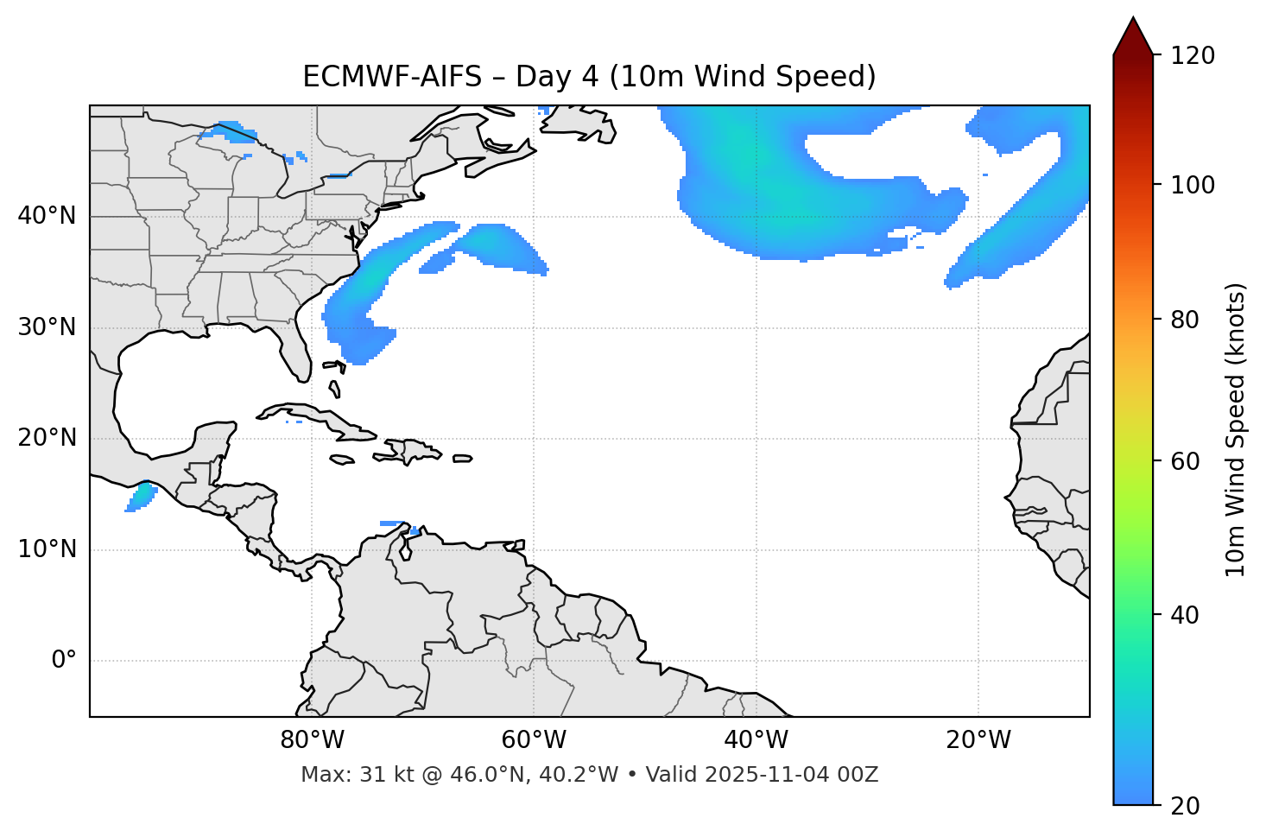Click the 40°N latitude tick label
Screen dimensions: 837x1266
point(47,216)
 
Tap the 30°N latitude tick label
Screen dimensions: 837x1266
point(47,327)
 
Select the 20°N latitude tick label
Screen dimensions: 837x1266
point(47,438)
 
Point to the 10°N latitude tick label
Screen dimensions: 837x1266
point(47,549)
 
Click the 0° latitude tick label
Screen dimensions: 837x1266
point(64,661)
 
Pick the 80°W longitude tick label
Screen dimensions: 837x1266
point(312,740)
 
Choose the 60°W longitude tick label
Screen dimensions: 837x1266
point(534,740)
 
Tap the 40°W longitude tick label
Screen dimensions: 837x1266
point(756,740)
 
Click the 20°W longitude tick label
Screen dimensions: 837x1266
point(978,740)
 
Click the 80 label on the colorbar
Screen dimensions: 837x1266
point(1185,320)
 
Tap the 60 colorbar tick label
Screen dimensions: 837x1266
point(1185,461)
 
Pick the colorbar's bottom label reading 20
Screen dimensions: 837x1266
point(1185,806)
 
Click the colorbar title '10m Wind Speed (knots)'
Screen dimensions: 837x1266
point(1236,429)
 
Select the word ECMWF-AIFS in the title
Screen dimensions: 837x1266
point(392,77)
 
